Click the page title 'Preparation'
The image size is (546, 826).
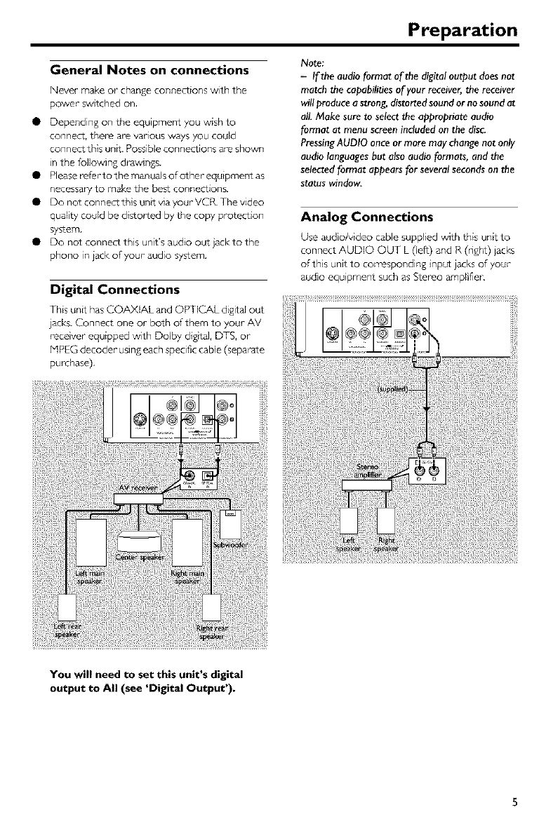pos(464,30)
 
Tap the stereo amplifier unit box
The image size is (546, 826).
pos(366,484)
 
